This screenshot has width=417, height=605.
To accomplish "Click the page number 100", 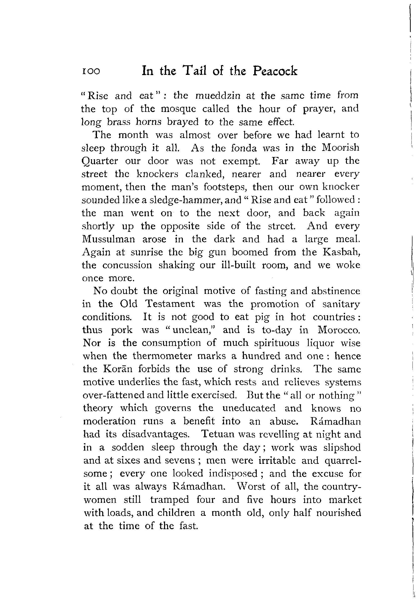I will pos(91,71).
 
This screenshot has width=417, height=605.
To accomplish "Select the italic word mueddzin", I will pos(218,96).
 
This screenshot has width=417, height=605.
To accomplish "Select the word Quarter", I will pos(99,161).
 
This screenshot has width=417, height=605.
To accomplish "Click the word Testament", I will pos(170,304).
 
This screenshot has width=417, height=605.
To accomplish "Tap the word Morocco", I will pos(339,330).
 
